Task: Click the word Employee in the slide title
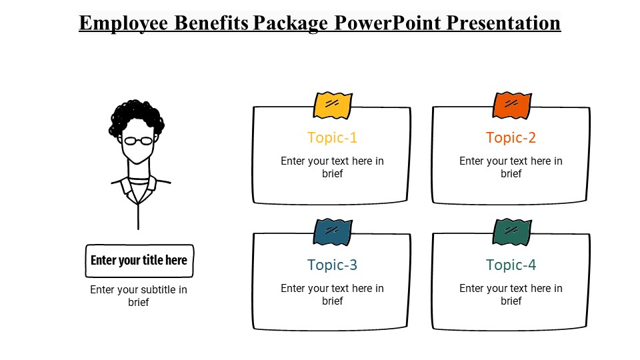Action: pyautogui.click(x=124, y=23)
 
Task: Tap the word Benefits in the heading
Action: pyautogui.click(x=211, y=23)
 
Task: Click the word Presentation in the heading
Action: pyautogui.click(x=503, y=23)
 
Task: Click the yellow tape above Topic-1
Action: pyautogui.click(x=333, y=105)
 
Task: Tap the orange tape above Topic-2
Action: pyautogui.click(x=512, y=105)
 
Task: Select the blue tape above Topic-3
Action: pyautogui.click(x=333, y=232)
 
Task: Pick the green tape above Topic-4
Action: pyautogui.click(x=512, y=232)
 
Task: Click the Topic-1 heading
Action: pyautogui.click(x=333, y=138)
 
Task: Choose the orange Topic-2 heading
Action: pyautogui.click(x=511, y=138)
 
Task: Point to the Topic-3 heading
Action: pyautogui.click(x=333, y=265)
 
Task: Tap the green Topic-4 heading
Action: pyautogui.click(x=511, y=265)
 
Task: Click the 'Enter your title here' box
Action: pyautogui.click(x=139, y=261)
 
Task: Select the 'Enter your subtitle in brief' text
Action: pyautogui.click(x=139, y=296)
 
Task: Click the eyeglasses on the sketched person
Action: pyautogui.click(x=139, y=141)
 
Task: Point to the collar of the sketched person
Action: pyautogui.click(x=140, y=186)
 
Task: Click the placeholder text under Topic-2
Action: pyautogui.click(x=511, y=167)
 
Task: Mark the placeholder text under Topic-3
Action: pyautogui.click(x=333, y=295)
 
